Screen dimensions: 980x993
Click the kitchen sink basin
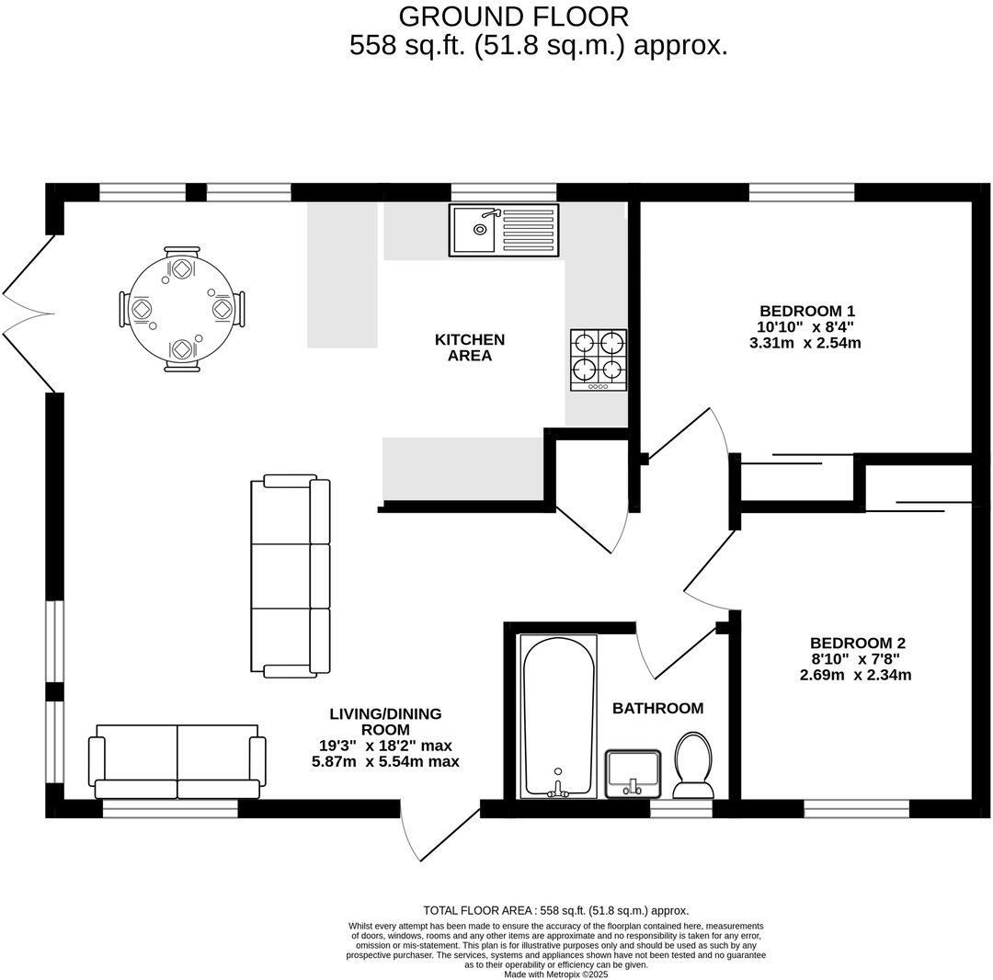pyautogui.click(x=473, y=229)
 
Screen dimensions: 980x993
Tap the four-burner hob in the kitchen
pyautogui.click(x=599, y=359)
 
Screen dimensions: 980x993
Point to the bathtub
pyautogui.click(x=558, y=715)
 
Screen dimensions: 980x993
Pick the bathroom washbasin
pyautogui.click(x=633, y=772)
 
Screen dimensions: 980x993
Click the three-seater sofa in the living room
pyautogui.click(x=291, y=575)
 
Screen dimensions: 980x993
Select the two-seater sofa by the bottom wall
pyautogui.click(x=177, y=761)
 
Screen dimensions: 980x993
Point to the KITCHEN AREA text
pyautogui.click(x=470, y=348)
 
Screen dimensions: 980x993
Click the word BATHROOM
pyautogui.click(x=657, y=708)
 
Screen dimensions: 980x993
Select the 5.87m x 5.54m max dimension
pyautogui.click(x=385, y=762)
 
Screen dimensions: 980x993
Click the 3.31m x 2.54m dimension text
pyautogui.click(x=805, y=343)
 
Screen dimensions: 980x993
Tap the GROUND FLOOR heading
pyautogui.click(x=514, y=17)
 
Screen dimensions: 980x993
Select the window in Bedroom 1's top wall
pyautogui.click(x=801, y=192)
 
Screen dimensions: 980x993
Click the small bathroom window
pyautogui.click(x=681, y=810)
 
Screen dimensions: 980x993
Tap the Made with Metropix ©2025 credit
pyautogui.click(x=555, y=974)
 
